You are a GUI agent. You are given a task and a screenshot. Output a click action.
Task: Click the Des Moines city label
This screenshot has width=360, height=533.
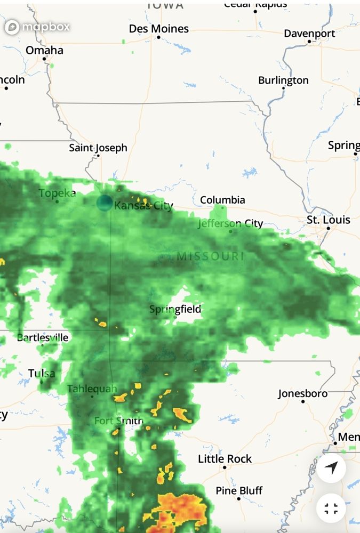(159, 29)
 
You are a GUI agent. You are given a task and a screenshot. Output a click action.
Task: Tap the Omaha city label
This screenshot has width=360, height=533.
(44, 50)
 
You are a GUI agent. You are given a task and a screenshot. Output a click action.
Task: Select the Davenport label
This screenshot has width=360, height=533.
(309, 33)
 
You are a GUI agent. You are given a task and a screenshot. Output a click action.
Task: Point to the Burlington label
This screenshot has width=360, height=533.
(283, 80)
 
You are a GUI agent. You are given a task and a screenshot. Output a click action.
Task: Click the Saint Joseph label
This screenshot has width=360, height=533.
(98, 148)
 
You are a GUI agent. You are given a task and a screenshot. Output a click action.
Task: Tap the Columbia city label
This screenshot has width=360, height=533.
(222, 200)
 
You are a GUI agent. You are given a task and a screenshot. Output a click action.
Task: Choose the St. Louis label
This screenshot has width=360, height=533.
(328, 220)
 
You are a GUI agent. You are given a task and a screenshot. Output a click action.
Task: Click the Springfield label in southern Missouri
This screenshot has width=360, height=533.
(175, 309)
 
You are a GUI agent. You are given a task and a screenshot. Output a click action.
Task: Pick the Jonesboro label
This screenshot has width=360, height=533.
(302, 393)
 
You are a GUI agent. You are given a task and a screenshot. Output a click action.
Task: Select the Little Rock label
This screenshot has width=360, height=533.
(225, 458)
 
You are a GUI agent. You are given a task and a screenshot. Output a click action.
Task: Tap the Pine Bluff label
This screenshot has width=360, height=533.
(239, 490)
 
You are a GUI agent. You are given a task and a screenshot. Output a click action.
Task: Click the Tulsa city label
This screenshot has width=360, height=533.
(42, 373)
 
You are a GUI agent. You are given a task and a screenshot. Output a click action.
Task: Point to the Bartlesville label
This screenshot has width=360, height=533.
(43, 337)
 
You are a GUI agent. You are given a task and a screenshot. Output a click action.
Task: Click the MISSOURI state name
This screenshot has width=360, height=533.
(210, 256)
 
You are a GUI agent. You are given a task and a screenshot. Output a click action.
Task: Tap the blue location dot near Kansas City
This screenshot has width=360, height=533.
(105, 203)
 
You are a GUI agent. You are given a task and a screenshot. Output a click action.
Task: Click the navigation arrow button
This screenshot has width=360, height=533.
(331, 469)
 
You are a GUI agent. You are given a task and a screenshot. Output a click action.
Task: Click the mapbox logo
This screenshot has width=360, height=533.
(37, 27)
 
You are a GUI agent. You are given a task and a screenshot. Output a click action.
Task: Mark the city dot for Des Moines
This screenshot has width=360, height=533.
(158, 37)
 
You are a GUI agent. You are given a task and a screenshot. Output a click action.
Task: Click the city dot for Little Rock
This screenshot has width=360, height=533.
(225, 467)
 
